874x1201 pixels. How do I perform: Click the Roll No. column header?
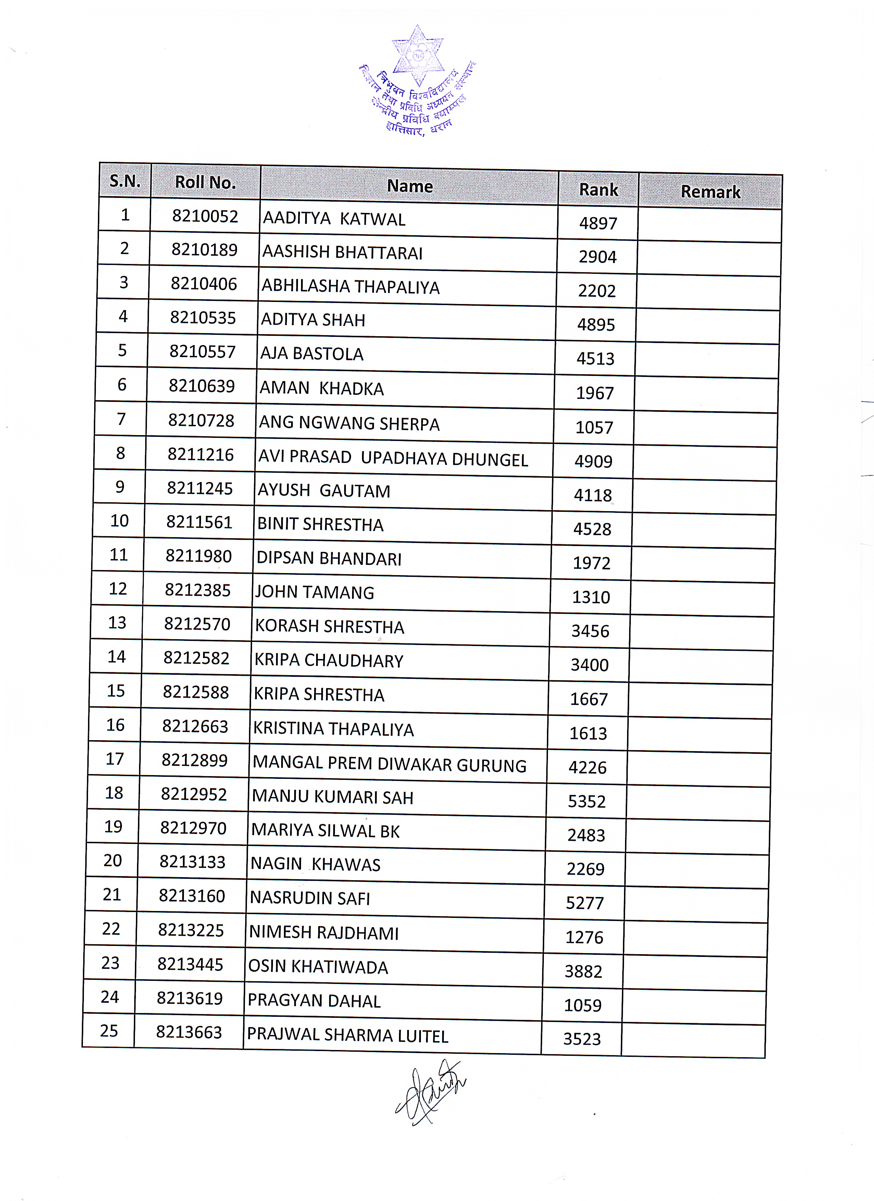205,182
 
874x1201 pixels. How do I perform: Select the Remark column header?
710,192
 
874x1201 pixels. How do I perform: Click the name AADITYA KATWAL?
334,219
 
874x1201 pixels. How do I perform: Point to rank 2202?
597,291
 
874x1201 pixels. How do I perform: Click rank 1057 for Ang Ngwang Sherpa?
594,427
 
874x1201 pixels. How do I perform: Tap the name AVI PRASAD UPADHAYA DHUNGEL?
393,458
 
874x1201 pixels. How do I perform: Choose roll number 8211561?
199,523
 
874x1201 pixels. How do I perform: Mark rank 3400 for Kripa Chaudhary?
589,665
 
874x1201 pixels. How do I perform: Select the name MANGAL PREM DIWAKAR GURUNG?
389,764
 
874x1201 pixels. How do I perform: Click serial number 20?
113,860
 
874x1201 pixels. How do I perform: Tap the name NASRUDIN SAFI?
310,898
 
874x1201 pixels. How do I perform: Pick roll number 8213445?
190,964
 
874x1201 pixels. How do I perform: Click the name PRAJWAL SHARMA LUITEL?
348,1035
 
